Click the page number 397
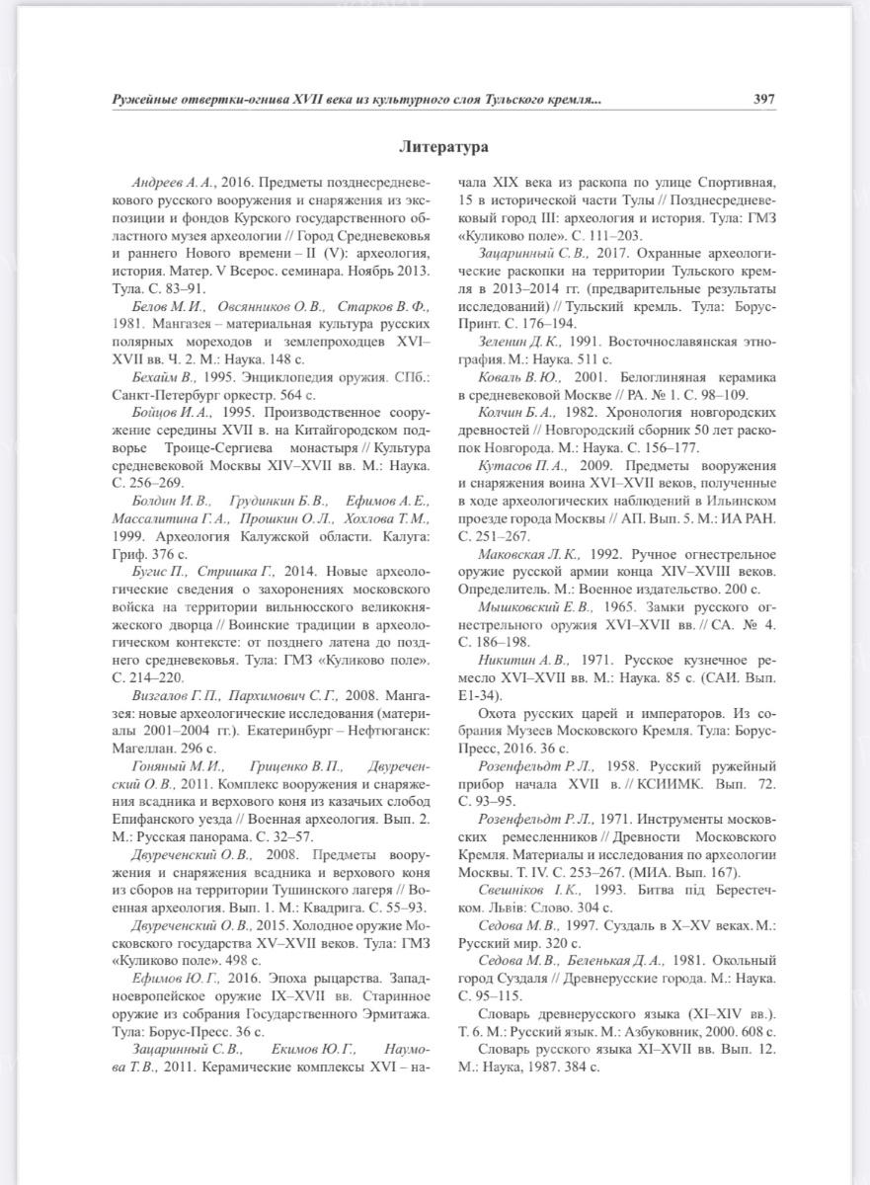pos(762,100)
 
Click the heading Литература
pos(443,147)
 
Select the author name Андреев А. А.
pos(174,183)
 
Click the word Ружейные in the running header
pos(147,100)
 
